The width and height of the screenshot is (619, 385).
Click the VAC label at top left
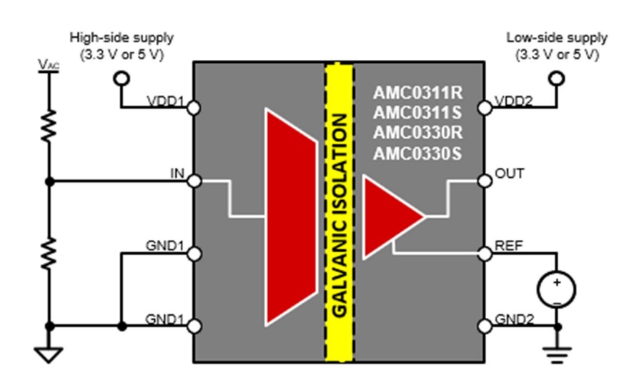tap(49, 65)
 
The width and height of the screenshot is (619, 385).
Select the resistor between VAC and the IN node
tap(49, 127)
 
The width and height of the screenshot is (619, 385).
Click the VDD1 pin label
tap(166, 101)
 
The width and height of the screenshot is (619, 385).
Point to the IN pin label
tap(177, 174)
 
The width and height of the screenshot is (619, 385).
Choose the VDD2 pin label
tap(514, 101)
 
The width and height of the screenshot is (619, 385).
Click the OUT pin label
tap(509, 174)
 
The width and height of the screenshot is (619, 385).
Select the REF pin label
tap(508, 246)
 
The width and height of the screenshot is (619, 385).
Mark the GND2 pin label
tap(514, 319)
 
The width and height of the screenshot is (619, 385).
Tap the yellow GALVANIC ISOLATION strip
tap(340, 214)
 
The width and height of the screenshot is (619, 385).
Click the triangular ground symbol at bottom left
tap(49, 354)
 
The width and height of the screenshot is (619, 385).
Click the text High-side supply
tap(121, 37)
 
